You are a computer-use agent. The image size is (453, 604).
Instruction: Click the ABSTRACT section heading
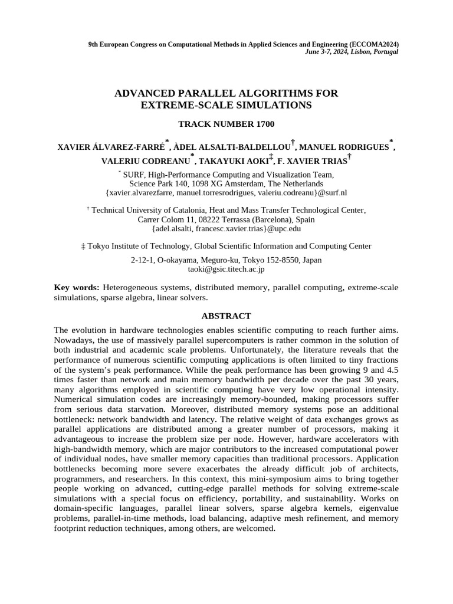pyautogui.click(x=226, y=316)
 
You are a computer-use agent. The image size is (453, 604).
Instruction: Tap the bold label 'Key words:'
pyautogui.click(x=77, y=287)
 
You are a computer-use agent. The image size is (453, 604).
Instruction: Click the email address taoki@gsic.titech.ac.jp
pyautogui.click(x=226, y=269)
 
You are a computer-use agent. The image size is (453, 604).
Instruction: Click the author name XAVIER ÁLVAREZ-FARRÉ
pyautogui.click(x=111, y=146)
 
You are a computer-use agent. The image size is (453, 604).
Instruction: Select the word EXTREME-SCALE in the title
pyautogui.click(x=176, y=105)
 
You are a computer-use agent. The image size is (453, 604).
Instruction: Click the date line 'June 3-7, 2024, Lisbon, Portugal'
pyautogui.click(x=352, y=52)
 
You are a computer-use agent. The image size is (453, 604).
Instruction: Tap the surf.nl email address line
pyautogui.click(x=226, y=192)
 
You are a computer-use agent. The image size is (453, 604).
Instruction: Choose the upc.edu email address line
pyautogui.click(x=226, y=228)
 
